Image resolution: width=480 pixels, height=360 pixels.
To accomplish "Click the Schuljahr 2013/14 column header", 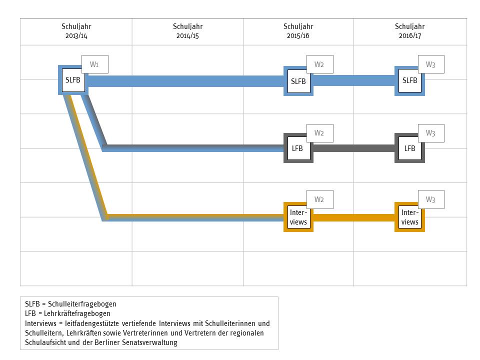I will pyautogui.click(x=76, y=31).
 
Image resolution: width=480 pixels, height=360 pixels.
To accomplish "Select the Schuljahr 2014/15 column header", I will pyautogui.click(x=187, y=31).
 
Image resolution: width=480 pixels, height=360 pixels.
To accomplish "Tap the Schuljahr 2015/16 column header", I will pyautogui.click(x=298, y=31).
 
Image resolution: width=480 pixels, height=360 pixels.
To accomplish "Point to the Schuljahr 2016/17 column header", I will pyautogui.click(x=410, y=31).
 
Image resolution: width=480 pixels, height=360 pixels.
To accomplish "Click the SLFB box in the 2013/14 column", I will pyautogui.click(x=73, y=80).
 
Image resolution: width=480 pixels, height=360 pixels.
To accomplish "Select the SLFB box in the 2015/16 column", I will pyautogui.click(x=298, y=80).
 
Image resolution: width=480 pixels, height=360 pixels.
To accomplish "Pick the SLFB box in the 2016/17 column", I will pyautogui.click(x=409, y=80).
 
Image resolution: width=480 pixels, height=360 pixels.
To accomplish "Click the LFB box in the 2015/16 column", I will pyautogui.click(x=298, y=148).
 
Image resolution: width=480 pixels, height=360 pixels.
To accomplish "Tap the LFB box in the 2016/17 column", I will pyautogui.click(x=409, y=148).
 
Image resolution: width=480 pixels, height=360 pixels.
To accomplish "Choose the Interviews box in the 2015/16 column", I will pyautogui.click(x=298, y=217).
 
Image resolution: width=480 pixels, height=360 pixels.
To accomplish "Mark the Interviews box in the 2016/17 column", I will pyautogui.click(x=409, y=217).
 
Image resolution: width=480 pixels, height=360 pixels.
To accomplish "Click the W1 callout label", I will pyautogui.click(x=94, y=64).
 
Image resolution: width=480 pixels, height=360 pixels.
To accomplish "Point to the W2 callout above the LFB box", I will pyautogui.click(x=319, y=133).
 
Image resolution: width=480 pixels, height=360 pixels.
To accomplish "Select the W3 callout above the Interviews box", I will pyautogui.click(x=431, y=200).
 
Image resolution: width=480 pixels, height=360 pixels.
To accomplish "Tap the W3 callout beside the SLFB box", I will pyautogui.click(x=431, y=64).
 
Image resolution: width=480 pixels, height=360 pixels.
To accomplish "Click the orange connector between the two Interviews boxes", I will pyautogui.click(x=353, y=217).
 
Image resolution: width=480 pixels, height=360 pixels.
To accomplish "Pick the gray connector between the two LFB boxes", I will pyautogui.click(x=353, y=148).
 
